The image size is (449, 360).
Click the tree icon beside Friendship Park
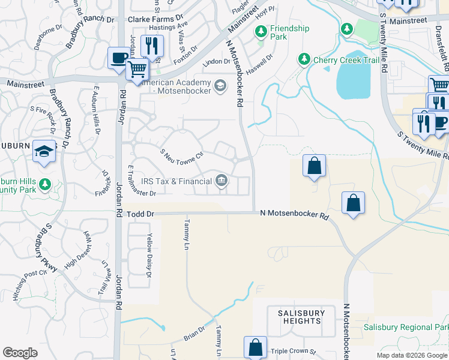[261, 29]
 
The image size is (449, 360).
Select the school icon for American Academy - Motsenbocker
[220, 86]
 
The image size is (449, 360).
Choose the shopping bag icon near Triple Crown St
[255, 346]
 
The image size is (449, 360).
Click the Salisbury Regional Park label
[406, 328]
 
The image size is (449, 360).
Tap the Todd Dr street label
[142, 214]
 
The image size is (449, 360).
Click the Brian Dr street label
[194, 334]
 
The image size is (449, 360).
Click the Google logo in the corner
[20, 353]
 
